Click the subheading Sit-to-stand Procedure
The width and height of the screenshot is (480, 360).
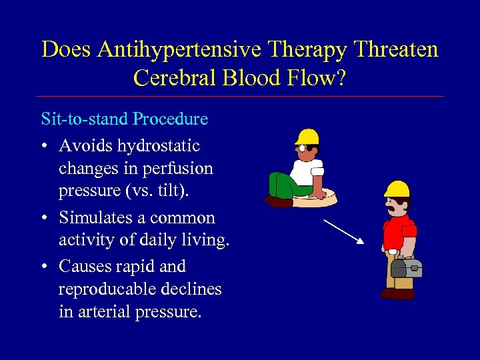click(x=125, y=119)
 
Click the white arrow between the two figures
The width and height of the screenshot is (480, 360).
click(x=343, y=232)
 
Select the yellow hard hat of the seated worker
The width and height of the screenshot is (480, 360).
click(x=307, y=137)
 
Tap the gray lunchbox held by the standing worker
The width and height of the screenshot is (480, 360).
click(x=406, y=267)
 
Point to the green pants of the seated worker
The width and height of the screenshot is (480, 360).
click(x=283, y=183)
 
